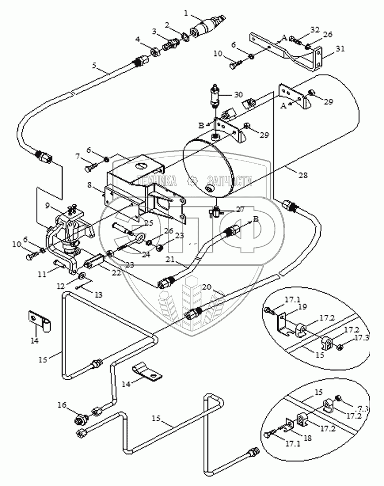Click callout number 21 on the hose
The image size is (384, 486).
tap(171, 260)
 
